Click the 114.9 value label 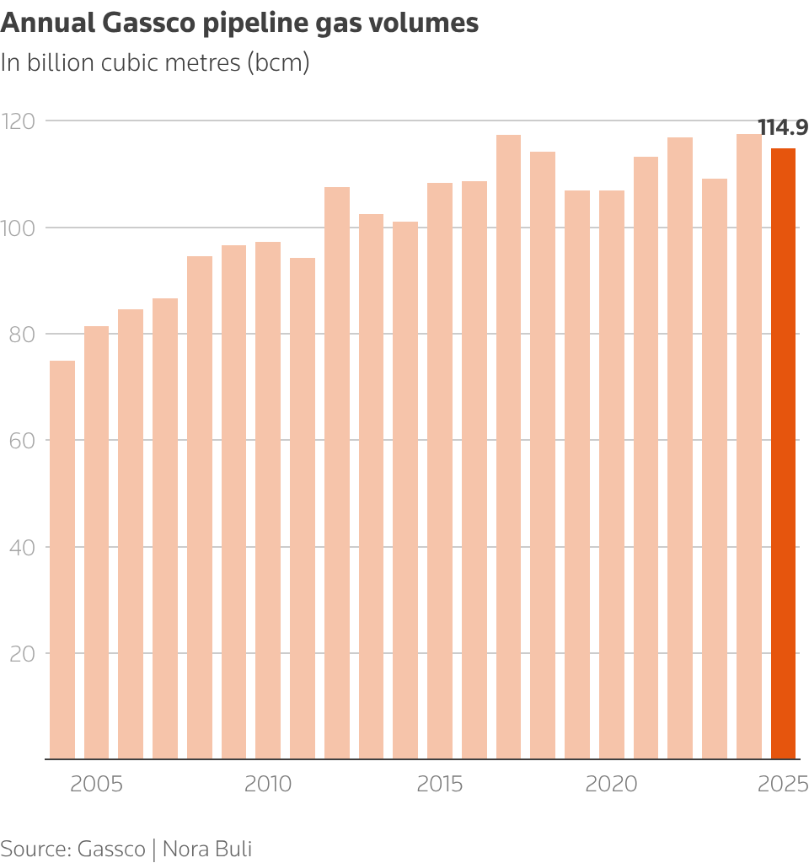[x=783, y=128]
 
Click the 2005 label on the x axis [x=96, y=785]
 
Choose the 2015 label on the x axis [x=440, y=785]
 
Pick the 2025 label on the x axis [x=783, y=785]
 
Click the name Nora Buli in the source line [x=206, y=848]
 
